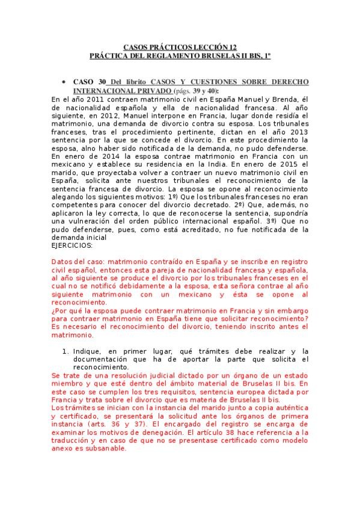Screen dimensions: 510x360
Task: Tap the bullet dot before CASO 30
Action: click(64, 81)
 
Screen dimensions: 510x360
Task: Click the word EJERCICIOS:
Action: click(72, 246)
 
